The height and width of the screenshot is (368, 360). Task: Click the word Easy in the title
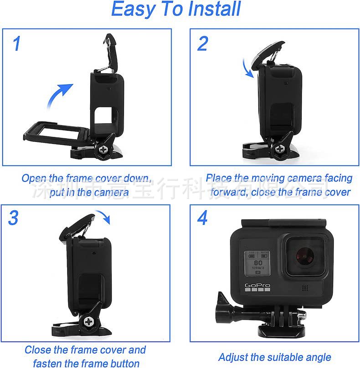[132, 9]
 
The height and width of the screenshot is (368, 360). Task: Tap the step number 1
[17, 44]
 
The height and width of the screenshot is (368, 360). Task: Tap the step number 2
[202, 44]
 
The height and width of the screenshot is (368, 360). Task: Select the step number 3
[14, 219]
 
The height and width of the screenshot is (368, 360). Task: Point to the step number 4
[202, 218]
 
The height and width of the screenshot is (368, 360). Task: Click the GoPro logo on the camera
[258, 286]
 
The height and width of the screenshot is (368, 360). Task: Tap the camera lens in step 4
[305, 256]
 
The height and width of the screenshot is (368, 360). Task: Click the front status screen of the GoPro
[257, 263]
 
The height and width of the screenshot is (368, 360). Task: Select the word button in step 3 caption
[122, 363]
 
